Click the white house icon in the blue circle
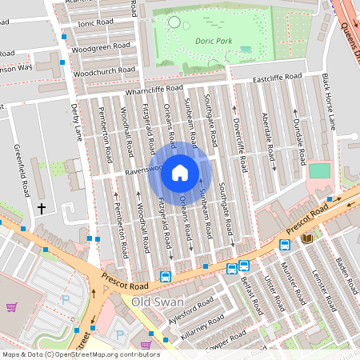(x=180, y=171)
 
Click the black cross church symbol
(x=42, y=209)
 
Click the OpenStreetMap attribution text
(x=81, y=354)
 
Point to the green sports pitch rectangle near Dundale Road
(x=319, y=171)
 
